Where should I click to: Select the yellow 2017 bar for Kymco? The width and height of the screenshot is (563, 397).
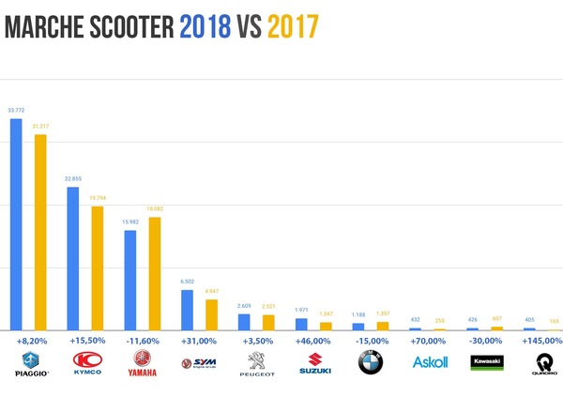point(98,267)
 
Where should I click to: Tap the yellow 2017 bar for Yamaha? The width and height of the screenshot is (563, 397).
point(155,273)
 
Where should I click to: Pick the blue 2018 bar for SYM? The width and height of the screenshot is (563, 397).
point(187,310)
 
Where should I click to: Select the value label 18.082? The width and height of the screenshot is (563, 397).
point(155,209)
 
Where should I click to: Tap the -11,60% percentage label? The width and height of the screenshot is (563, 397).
point(143,341)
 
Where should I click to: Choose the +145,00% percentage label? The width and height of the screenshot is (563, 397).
point(542,341)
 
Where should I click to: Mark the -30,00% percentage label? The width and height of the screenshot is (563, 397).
point(485,341)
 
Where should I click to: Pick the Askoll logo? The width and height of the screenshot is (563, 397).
point(428,363)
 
